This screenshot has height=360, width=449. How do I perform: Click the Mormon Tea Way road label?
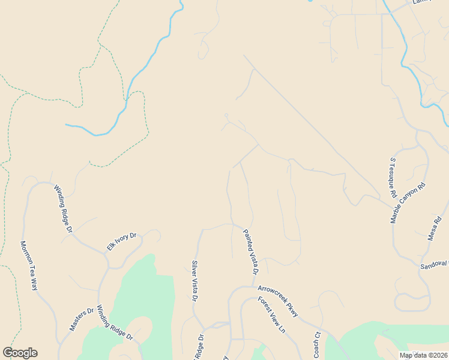[x=29, y=266]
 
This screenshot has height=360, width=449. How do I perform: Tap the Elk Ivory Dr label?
[x=122, y=241]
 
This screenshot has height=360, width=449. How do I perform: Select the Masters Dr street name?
[x=82, y=319]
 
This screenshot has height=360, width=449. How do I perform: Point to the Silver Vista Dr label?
[x=194, y=281]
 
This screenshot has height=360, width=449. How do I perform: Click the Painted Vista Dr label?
[x=250, y=252]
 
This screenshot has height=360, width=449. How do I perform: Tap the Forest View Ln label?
[x=271, y=315]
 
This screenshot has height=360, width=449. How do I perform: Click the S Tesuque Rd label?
[x=393, y=178]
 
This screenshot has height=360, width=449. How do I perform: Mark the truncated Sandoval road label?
[x=434, y=265]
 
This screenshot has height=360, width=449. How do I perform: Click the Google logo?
[x=20, y=353]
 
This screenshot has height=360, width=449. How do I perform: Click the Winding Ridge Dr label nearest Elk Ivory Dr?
[x=63, y=208]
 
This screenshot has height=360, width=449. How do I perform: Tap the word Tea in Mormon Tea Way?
[x=29, y=266]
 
